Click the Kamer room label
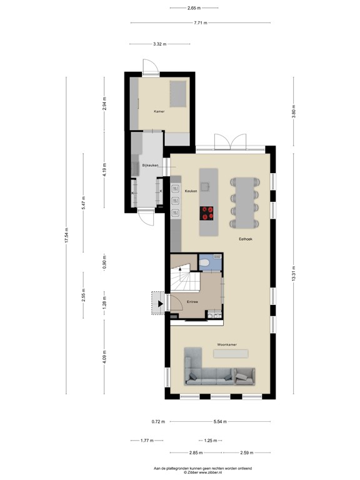pos(159,111)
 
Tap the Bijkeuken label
pos(150,165)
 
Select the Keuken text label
pos(191,191)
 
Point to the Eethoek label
pos(244,239)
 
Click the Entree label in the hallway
pos(192,302)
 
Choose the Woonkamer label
pos(226,344)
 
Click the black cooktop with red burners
pos(208,214)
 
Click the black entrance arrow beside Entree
pos(161,304)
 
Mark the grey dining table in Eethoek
pos(245,201)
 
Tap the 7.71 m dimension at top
pos(199,23)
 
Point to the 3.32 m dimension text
pos(160,44)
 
